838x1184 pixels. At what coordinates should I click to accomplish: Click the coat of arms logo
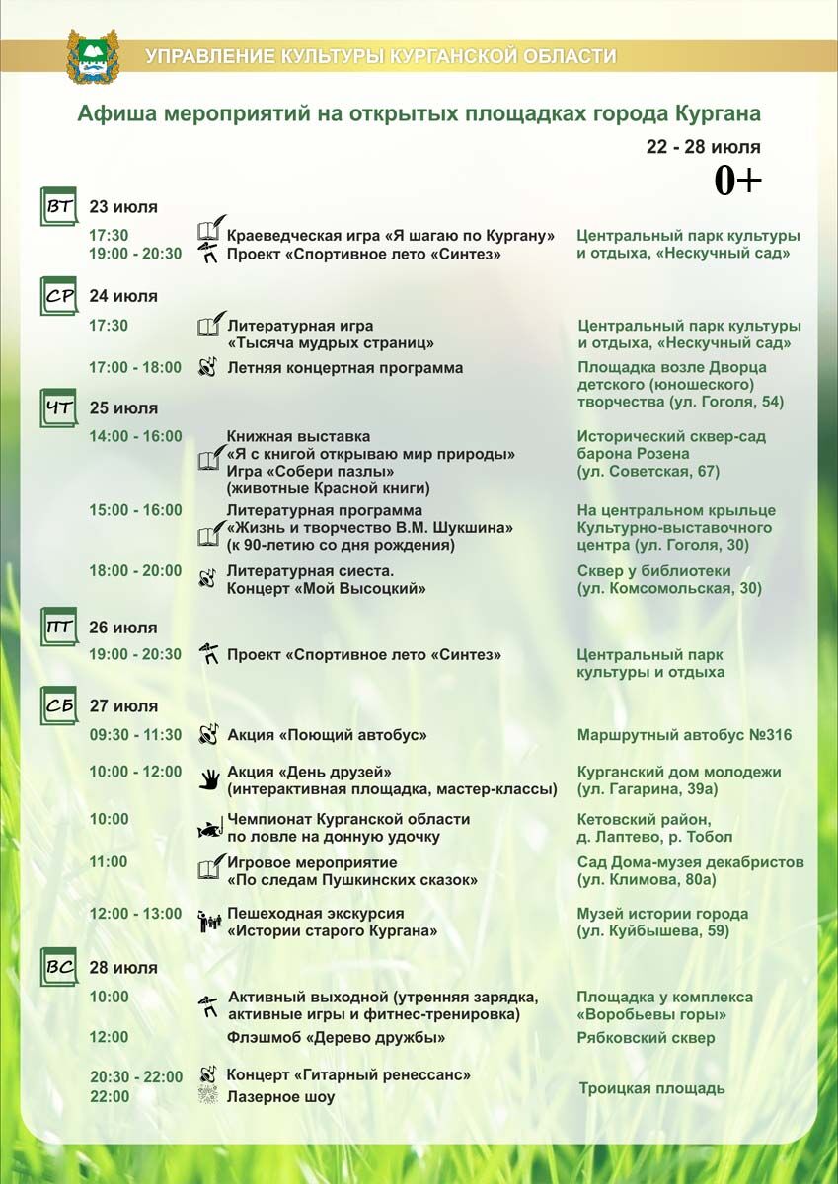coord(92,56)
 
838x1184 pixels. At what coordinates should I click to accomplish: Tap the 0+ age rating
coord(738,180)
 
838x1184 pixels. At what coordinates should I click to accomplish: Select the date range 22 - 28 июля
coord(703,147)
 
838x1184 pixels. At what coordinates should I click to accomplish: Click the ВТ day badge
coord(58,207)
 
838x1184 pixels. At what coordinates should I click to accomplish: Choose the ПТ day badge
coord(58,628)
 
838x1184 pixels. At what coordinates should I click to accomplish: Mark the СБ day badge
coord(58,706)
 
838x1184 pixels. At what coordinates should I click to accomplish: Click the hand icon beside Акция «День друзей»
coord(208,779)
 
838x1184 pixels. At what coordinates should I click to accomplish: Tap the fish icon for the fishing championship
coord(208,829)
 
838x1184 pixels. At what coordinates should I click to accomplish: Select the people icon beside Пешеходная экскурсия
coord(208,922)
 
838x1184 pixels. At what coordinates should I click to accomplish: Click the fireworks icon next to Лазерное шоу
coord(208,1096)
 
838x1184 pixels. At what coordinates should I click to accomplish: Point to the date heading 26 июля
coord(123,628)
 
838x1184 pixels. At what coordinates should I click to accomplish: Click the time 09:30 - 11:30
coord(135,735)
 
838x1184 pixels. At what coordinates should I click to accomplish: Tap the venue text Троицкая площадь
coord(651,1088)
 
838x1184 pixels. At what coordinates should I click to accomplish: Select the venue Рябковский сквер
coord(646,1038)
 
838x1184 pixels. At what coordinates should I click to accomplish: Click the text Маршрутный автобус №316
coord(684,735)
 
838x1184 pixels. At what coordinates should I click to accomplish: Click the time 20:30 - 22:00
coord(136,1076)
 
